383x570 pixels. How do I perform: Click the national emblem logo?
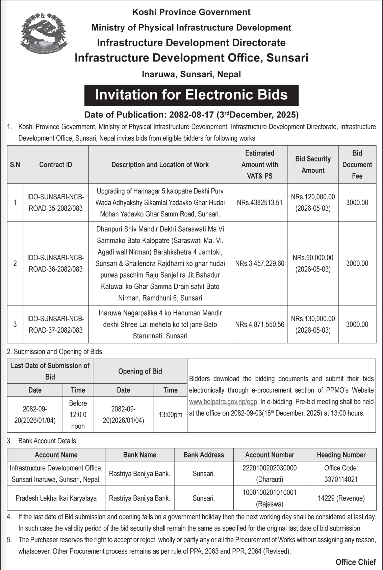pyautogui.click(x=44, y=34)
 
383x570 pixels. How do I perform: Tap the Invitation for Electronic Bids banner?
pyautogui.click(x=191, y=95)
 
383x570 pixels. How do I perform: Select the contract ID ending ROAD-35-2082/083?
pyautogui.click(x=56, y=203)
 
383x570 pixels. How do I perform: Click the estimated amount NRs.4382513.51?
pyautogui.click(x=260, y=203)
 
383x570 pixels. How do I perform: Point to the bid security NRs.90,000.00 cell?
pyautogui.click(x=313, y=263)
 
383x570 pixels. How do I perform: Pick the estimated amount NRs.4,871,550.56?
pyautogui.click(x=260, y=325)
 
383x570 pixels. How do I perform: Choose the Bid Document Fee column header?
pyautogui.click(x=357, y=164)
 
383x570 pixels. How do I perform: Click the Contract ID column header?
pyautogui.click(x=56, y=165)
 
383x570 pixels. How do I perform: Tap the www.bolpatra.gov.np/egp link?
pyautogui.click(x=223, y=402)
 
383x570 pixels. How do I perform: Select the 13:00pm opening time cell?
pyautogui.click(x=171, y=415)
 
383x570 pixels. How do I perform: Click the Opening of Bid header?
pyautogui.click(x=140, y=371)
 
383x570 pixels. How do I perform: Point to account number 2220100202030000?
pyautogui.click(x=270, y=468)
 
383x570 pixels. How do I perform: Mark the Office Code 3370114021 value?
pyautogui.click(x=341, y=480)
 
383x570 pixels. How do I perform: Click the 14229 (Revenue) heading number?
pyautogui.click(x=341, y=498)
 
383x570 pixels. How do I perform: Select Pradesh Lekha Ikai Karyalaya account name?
pyautogui.click(x=56, y=498)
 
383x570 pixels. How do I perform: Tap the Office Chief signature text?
pyautogui.click(x=356, y=562)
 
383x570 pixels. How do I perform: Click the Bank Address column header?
pyautogui.click(x=204, y=455)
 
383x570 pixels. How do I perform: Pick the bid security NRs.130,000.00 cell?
pyautogui.click(x=313, y=325)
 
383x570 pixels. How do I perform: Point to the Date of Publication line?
pyautogui.click(x=191, y=115)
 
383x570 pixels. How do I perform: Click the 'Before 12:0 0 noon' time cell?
pyautogui.click(x=78, y=415)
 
